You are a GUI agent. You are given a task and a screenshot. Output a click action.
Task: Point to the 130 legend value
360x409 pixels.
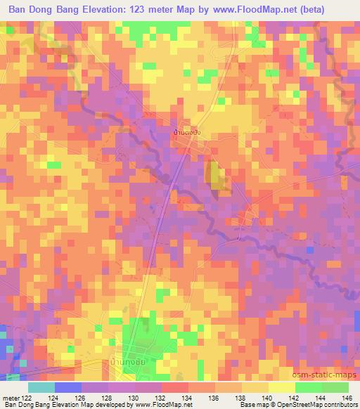pyautogui.click(x=132, y=397)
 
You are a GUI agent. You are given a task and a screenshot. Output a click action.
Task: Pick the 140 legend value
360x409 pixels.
pyautogui.click(x=266, y=397)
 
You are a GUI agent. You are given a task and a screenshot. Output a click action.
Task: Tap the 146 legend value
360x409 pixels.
pyautogui.click(x=346, y=397)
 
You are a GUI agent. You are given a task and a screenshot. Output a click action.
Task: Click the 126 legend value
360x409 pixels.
pyautogui.click(x=79, y=397)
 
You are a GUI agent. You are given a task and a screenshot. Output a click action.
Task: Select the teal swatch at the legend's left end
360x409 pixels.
pyautogui.click(x=41, y=387)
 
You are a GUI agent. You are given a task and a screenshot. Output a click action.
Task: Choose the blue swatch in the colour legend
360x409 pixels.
pyautogui.click(x=67, y=387)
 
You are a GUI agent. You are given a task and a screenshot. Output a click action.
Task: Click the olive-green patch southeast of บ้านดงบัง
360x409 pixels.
pyautogui.click(x=217, y=174)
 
